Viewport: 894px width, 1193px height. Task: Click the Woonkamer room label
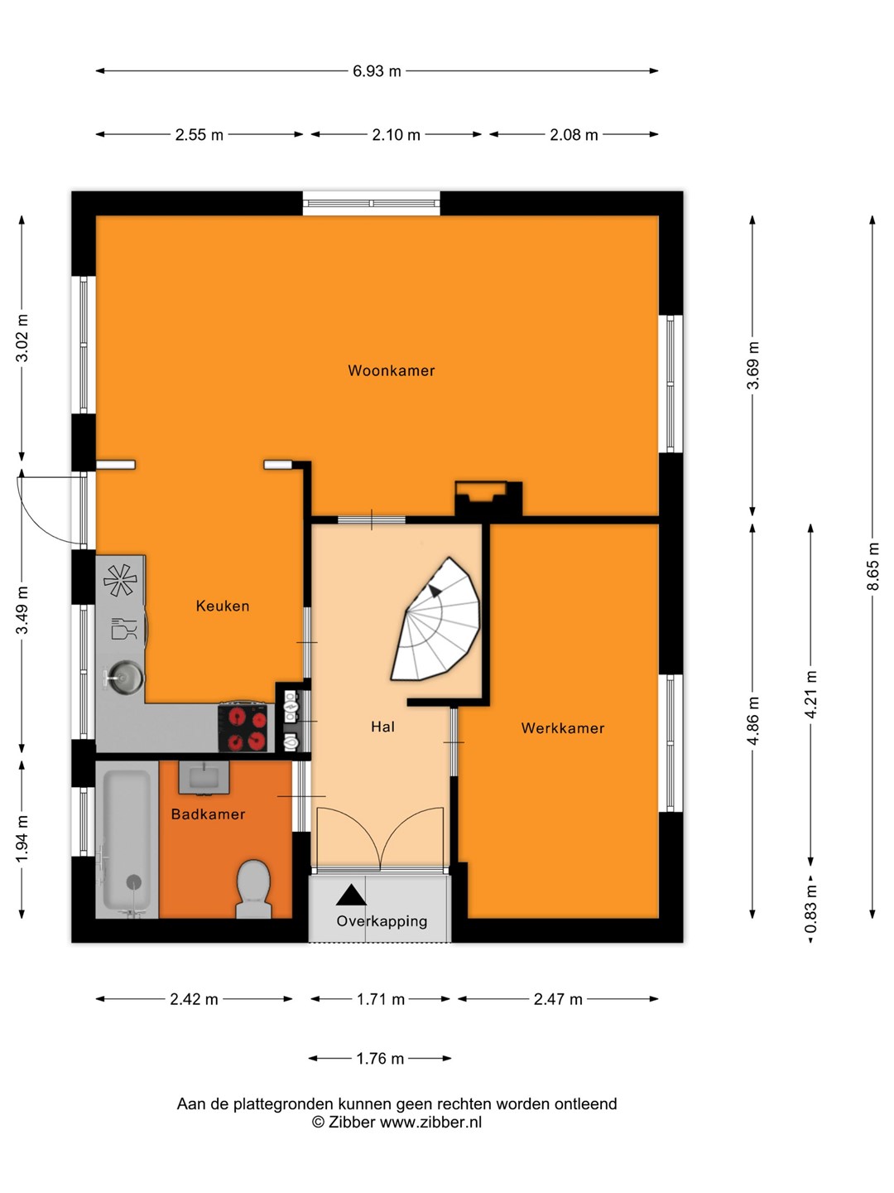[391, 370]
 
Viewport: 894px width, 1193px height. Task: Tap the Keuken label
[223, 606]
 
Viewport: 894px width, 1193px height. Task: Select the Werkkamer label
[562, 728]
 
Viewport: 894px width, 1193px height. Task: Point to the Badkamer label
[208, 814]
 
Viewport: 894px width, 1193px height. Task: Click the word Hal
[382, 727]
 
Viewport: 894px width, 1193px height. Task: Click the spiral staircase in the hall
[436, 619]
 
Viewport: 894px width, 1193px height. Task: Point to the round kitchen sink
[125, 677]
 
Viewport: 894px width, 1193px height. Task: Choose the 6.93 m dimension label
[377, 71]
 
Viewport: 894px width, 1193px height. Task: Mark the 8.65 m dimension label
[872, 566]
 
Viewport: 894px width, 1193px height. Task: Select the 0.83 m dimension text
[811, 908]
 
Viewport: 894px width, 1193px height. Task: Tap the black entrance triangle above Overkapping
[351, 895]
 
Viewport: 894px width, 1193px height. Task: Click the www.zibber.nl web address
[430, 1123]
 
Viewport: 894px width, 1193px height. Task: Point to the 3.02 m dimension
[22, 338]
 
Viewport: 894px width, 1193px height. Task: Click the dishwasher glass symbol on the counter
[124, 628]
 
